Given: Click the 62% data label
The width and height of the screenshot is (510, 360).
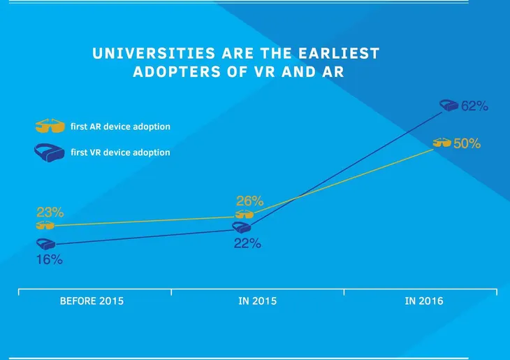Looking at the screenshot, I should coord(474,107).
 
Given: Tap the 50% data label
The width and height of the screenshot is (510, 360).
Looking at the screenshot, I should coord(467,143).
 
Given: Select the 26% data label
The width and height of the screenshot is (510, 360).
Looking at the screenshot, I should coord(250,201).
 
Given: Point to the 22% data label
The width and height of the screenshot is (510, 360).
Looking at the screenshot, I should coord(247,243).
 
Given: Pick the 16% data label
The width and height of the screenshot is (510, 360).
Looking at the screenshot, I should coord(50,259).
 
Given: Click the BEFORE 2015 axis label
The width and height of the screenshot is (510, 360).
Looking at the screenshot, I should coord(92,301).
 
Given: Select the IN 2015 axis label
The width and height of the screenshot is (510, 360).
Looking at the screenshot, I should coord(256,301).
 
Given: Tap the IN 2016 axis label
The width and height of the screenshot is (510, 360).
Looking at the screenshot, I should coord(423,301).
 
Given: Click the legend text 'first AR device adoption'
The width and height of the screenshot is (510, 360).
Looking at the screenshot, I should coord(120,127).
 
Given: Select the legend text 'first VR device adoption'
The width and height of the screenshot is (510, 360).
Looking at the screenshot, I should coord(120,152).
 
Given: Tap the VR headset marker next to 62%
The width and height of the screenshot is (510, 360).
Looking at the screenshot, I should coord(449,106).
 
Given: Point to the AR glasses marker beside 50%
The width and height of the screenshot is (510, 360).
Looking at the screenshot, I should coord(442,143).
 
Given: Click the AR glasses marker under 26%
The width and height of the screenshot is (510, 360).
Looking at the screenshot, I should coord(245,214).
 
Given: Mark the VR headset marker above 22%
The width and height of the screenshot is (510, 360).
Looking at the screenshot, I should coord(242,228).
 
